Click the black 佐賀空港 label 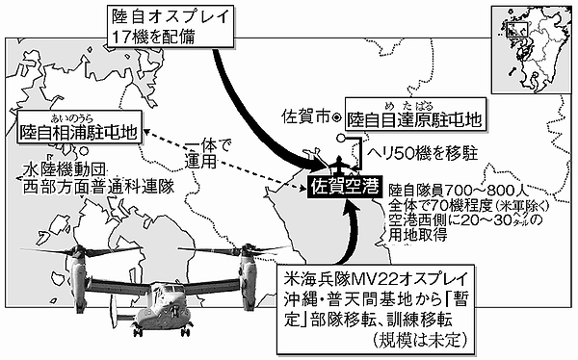344,187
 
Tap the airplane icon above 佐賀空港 338,165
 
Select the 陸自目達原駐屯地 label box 415,114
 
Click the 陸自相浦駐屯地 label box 79,126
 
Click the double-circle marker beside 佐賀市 337,117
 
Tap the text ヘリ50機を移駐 421,153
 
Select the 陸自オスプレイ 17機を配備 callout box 171,27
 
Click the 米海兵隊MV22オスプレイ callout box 376,309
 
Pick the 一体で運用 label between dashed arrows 207,154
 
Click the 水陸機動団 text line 65,169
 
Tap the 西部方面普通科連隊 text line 98,187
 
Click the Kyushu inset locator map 532,49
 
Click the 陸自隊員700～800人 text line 459,191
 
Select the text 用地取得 418,235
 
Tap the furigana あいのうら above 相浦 72,118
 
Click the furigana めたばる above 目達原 409,107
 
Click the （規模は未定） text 419,340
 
